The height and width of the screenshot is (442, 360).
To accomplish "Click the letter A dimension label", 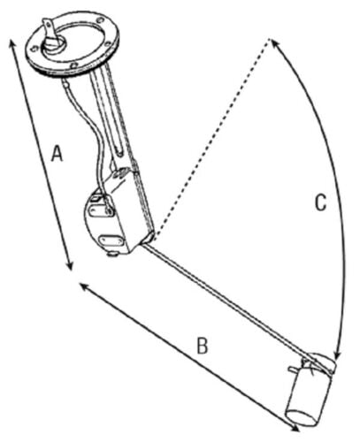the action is pos(57,154).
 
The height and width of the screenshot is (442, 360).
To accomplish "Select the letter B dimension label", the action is pos(203,346).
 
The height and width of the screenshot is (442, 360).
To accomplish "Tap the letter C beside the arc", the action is pos(321,202).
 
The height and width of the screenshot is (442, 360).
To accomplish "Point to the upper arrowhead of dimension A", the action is pos(12,42).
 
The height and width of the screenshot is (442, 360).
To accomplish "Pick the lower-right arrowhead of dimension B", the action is pos(295,429).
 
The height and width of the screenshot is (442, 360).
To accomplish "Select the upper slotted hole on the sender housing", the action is pos(101,211).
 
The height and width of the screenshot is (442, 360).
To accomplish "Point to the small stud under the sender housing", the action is pos(112,254).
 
